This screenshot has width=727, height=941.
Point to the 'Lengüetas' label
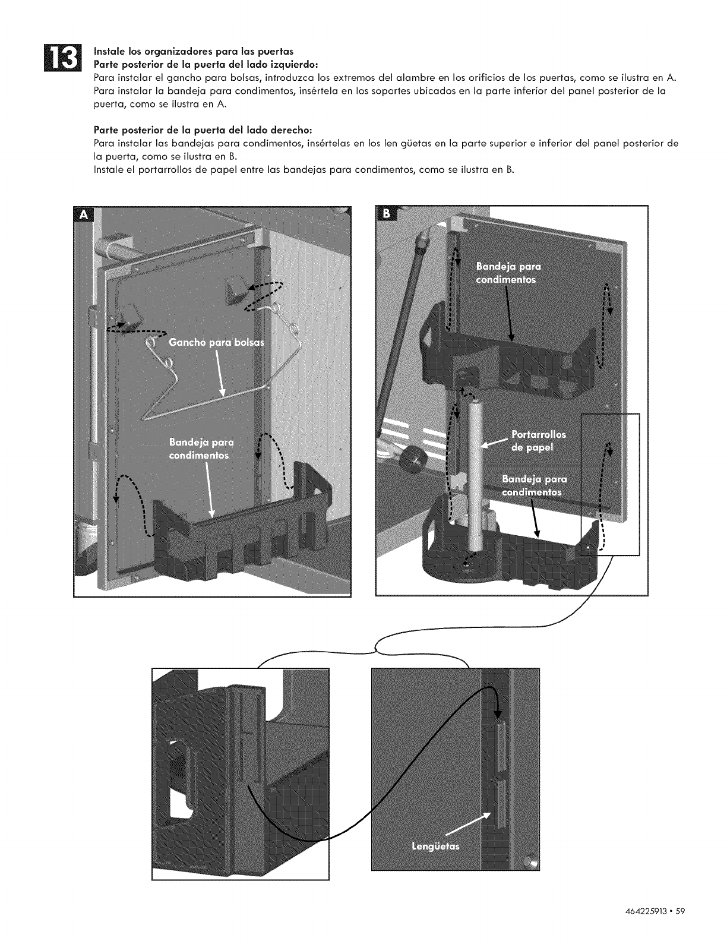click(435, 847)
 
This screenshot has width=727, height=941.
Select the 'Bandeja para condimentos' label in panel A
click(201, 449)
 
